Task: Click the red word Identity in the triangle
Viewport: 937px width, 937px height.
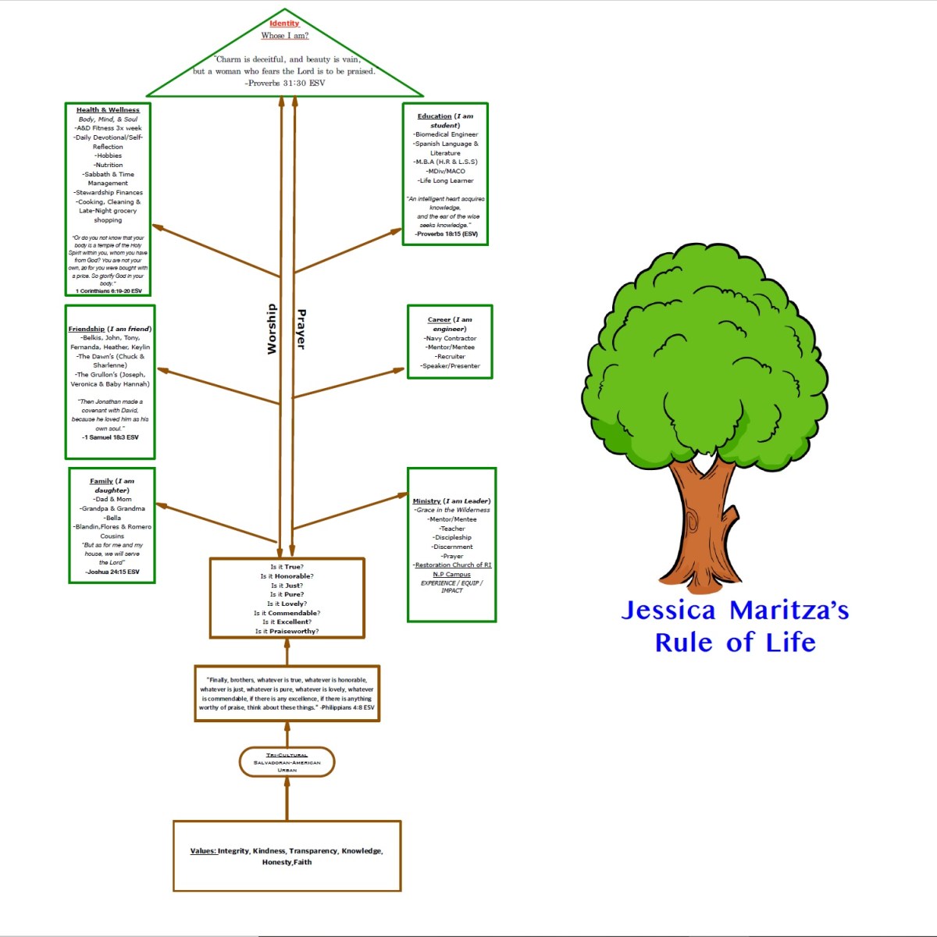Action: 284,23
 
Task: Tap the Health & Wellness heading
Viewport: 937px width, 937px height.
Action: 108,110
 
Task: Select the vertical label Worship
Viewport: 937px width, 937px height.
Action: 272,329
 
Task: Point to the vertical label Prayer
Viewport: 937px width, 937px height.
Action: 301,329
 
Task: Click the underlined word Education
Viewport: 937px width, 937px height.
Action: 434,116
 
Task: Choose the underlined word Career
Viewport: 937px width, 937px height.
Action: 439,319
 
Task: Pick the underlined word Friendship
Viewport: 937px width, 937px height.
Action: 86,329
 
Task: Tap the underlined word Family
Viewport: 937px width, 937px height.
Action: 101,481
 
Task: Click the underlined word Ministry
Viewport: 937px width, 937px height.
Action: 426,501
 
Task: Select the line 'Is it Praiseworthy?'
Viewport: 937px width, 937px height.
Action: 287,631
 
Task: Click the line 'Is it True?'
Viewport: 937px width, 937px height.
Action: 287,567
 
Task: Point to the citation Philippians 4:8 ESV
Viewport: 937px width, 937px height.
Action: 348,707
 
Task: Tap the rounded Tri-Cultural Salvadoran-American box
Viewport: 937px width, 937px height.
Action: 287,762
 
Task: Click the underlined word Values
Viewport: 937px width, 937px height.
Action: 203,851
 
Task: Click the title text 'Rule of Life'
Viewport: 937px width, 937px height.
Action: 735,643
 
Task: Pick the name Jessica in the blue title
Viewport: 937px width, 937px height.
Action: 668,611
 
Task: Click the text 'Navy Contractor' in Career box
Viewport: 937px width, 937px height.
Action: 451,338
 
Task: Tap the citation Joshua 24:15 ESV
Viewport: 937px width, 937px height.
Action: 112,572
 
